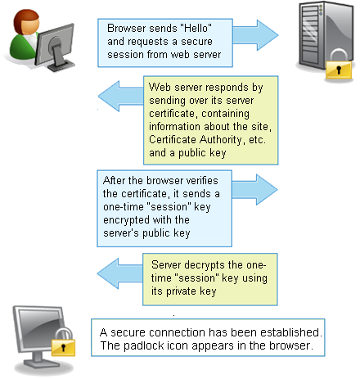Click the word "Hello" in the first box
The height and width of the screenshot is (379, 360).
click(196, 28)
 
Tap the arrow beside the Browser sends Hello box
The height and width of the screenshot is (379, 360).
click(255, 35)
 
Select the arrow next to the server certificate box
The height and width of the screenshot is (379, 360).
click(121, 97)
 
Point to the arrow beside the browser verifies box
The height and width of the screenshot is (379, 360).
click(254, 190)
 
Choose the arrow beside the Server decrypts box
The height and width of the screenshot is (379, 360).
click(120, 273)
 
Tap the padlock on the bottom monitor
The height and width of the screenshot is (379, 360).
click(63, 342)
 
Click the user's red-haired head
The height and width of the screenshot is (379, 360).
click(26, 22)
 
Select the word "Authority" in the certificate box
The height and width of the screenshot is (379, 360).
click(221, 140)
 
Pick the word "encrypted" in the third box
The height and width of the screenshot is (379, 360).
click(126, 220)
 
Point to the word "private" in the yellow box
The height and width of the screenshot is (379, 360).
click(181, 291)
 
